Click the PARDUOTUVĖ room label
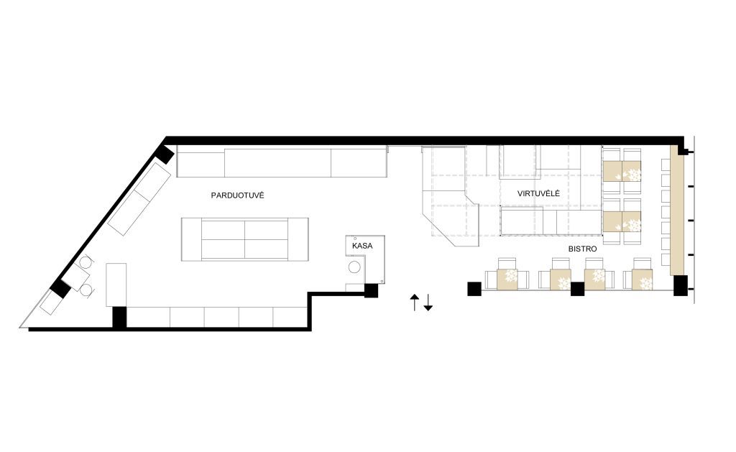pos(237,195)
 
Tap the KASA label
pos(362,246)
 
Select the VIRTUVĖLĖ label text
pos(538,193)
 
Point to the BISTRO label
pos(582,249)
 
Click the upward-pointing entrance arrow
pos(414,303)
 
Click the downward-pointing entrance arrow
pos(428,303)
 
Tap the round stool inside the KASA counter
pos(354,267)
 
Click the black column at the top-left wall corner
pos(165,154)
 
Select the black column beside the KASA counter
pos(372,290)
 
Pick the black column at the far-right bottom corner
pos(680,285)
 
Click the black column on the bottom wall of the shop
pos(120,318)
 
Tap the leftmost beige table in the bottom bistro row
pos(507,279)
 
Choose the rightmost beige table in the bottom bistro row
pos(642,280)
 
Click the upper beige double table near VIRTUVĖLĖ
pos(622,171)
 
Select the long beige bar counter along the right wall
pos(676,210)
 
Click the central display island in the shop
pos(245,239)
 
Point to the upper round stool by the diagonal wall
pos(85,262)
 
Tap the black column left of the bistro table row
pos(474,289)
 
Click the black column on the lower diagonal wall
pos(60,288)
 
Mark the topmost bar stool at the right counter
pos(666,165)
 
